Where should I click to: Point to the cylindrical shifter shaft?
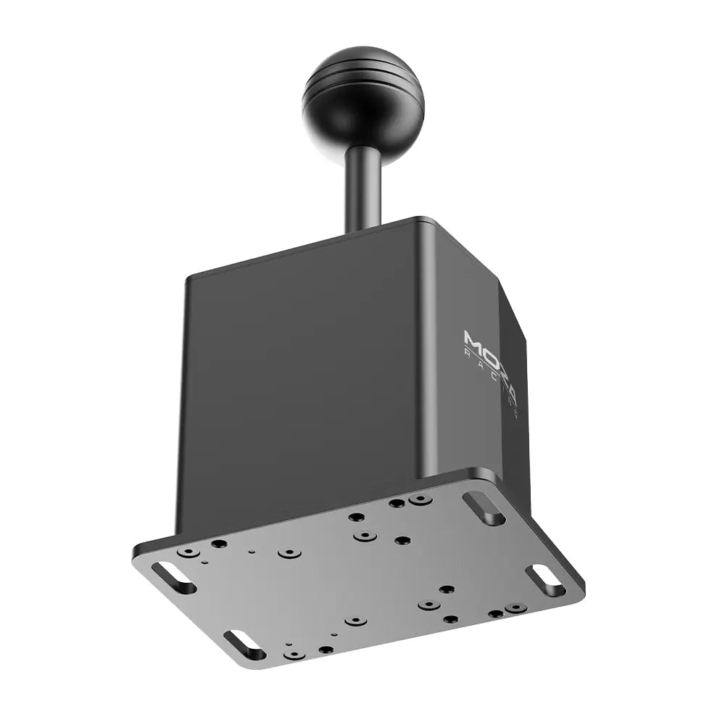(363, 188)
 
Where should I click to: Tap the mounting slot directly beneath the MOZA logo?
(484, 508)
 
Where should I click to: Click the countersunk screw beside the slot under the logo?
(420, 500)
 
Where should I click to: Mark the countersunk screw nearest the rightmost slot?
(515, 608)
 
